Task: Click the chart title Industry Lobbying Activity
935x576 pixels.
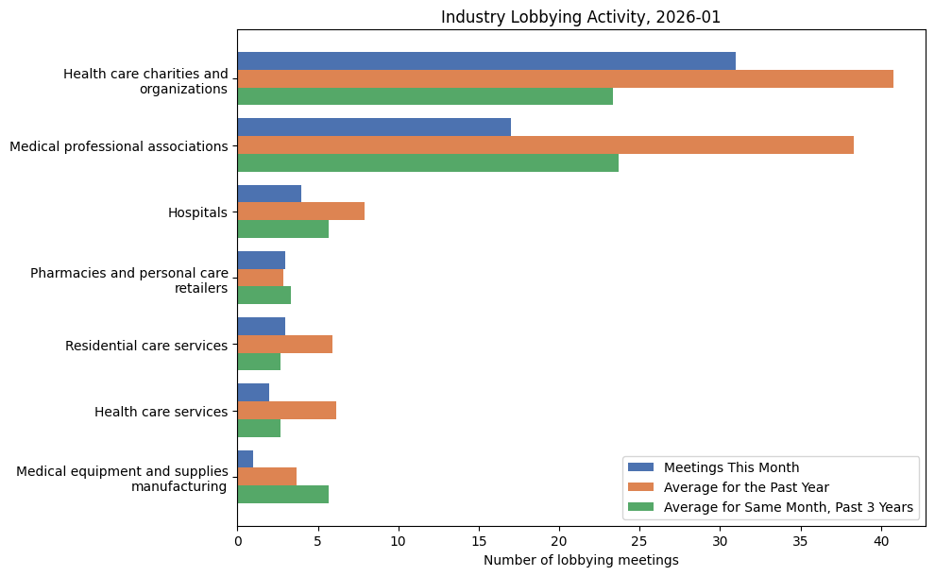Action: coord(581,17)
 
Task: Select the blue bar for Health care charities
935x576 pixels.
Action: coord(486,61)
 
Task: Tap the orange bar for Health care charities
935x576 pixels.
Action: coord(565,79)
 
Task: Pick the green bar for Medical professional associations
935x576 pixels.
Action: coord(428,163)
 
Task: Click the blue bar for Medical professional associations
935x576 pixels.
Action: coord(374,127)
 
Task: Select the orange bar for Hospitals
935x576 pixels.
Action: coord(300,212)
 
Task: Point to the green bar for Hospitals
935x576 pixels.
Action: coord(282,229)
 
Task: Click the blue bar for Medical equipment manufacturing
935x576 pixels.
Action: coord(246,459)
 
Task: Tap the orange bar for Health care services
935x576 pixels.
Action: coord(286,411)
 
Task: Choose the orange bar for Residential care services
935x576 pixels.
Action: coord(284,345)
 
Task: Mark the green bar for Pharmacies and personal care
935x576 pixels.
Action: coord(263,296)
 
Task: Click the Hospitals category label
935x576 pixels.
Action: coord(197,212)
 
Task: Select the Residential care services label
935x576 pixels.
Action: coord(146,346)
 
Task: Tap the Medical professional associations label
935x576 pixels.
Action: coord(118,146)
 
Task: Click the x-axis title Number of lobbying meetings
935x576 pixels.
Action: coord(581,561)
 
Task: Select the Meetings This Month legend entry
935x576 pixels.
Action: coord(731,467)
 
